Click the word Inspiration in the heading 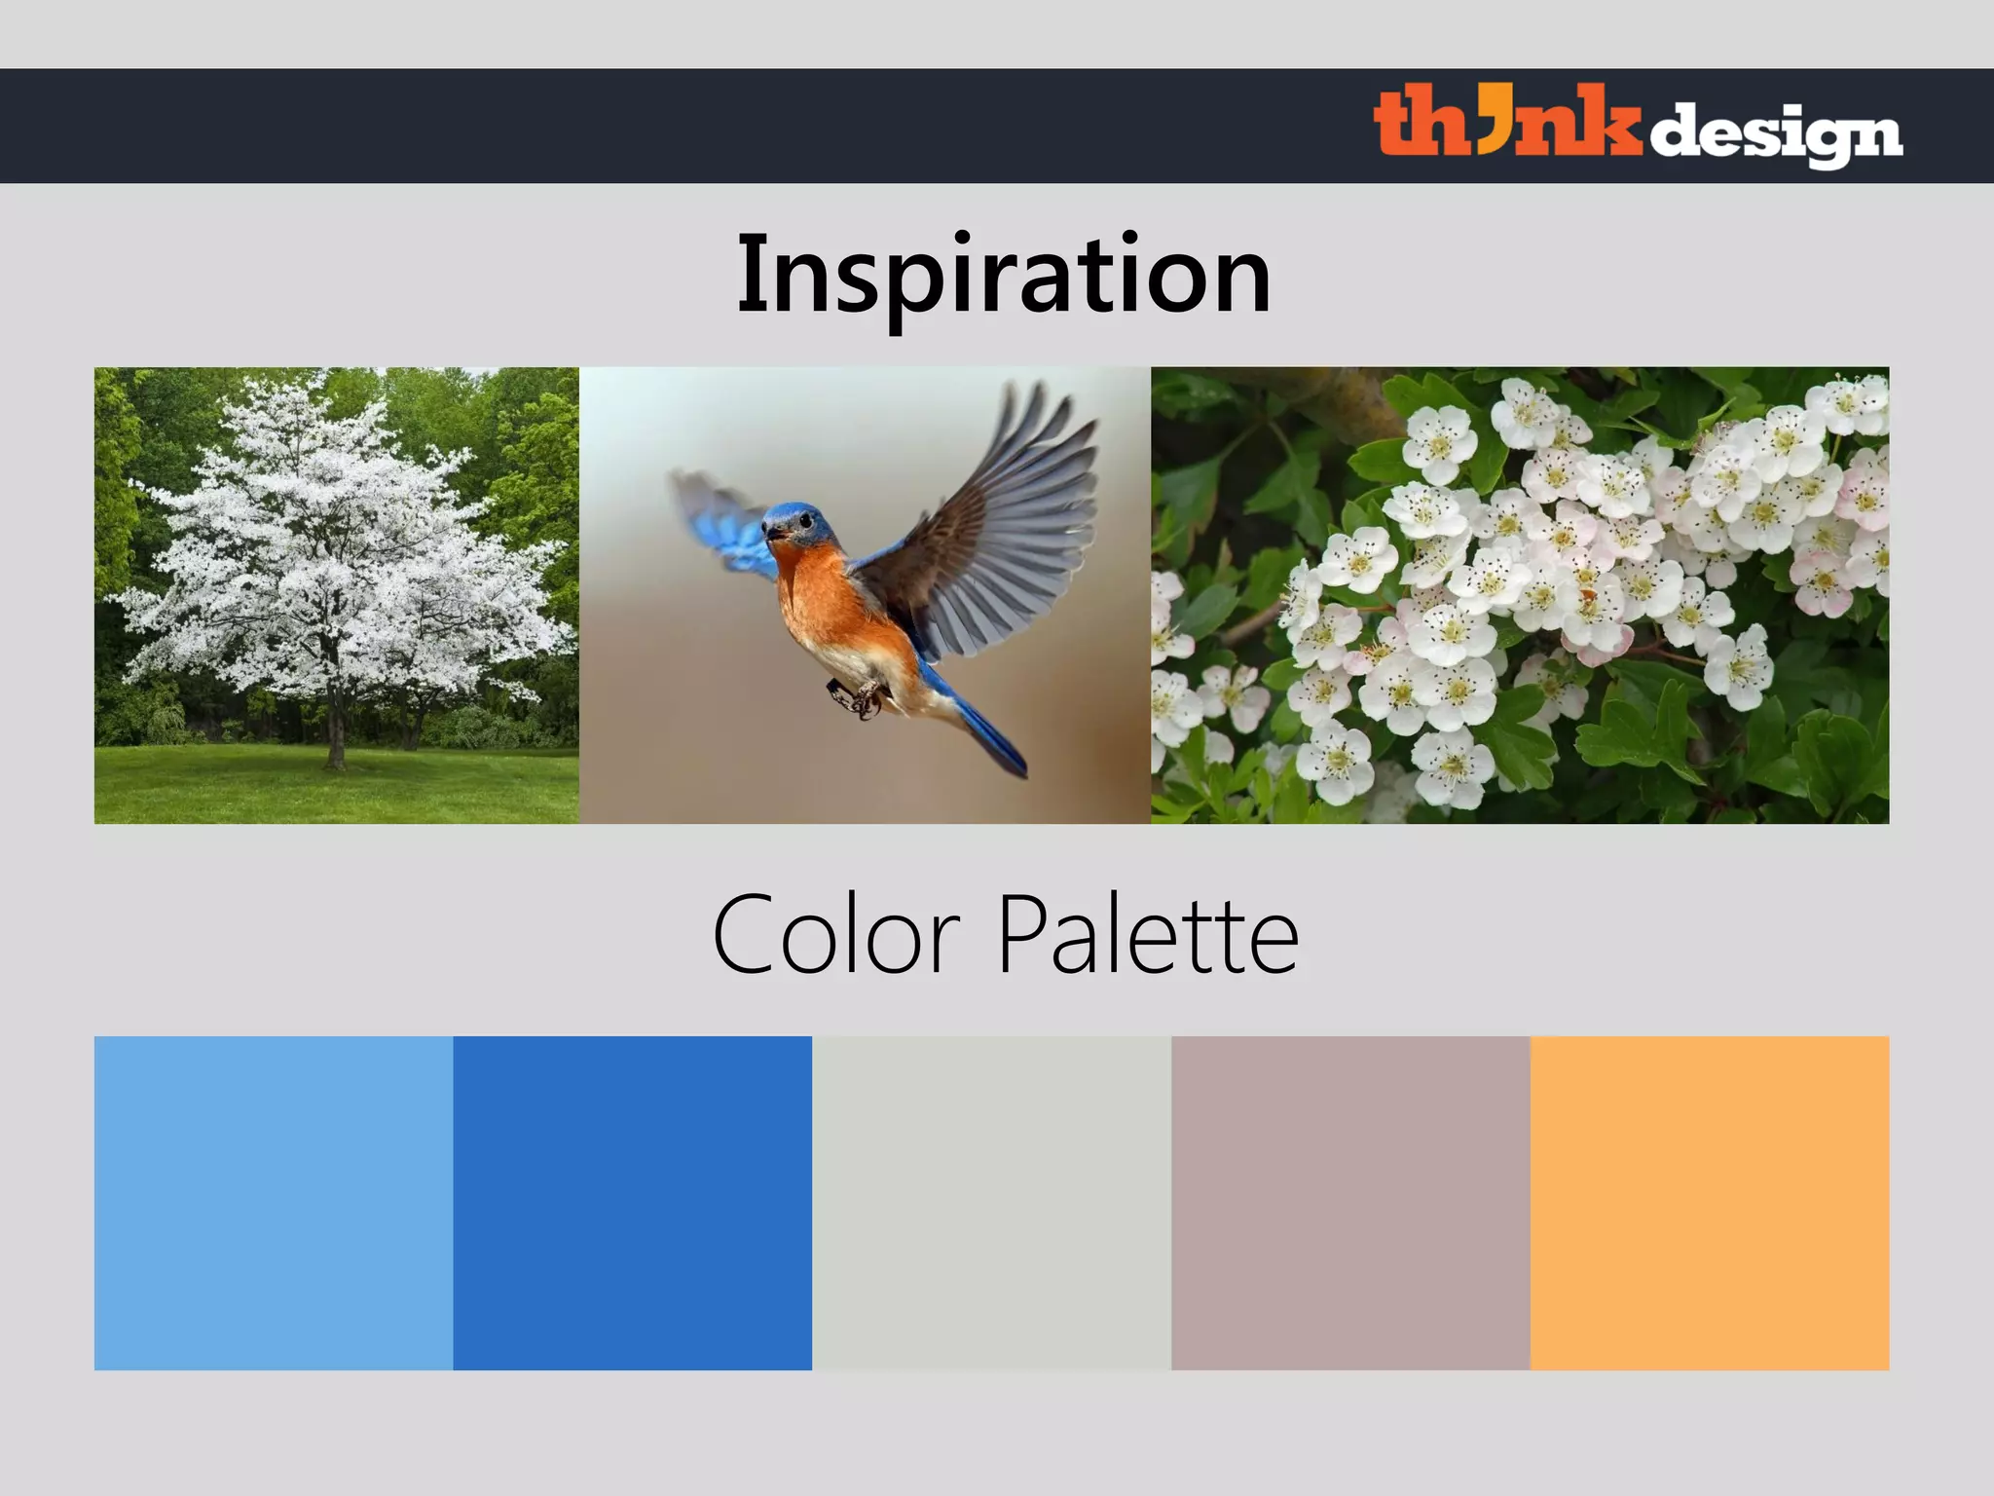click(x=1004, y=275)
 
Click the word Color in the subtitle click(x=836, y=935)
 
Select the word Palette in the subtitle click(x=1149, y=935)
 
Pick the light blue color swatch click(x=274, y=1203)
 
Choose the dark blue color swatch click(x=633, y=1203)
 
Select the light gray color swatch click(x=991, y=1203)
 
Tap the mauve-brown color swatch click(x=1350, y=1203)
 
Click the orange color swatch click(x=1710, y=1203)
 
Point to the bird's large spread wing click(x=1003, y=526)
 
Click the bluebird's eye click(x=805, y=520)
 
